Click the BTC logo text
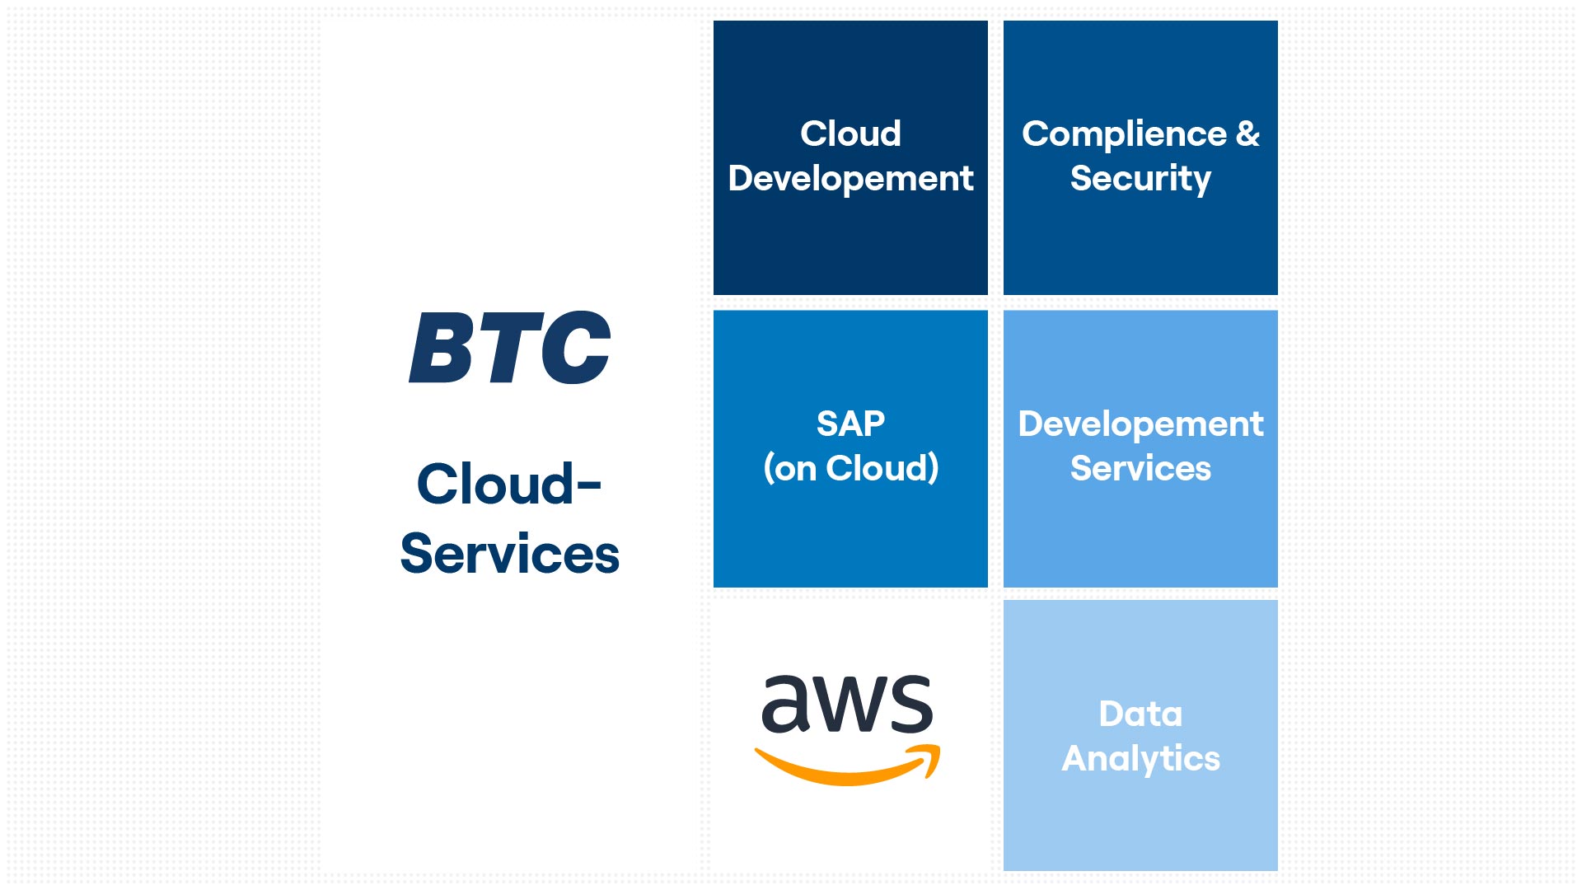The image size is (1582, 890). pyautogui.click(x=510, y=348)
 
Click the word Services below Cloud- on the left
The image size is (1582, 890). pyautogui.click(x=509, y=554)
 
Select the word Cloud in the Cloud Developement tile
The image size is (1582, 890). pyautogui.click(x=850, y=133)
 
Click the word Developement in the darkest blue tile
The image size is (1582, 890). pyautogui.click(x=850, y=179)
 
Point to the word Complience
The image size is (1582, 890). pyautogui.click(x=1124, y=133)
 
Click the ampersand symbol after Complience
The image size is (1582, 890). pyautogui.click(x=1247, y=133)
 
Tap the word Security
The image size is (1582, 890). pyautogui.click(x=1140, y=179)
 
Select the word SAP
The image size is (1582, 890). pyautogui.click(x=850, y=424)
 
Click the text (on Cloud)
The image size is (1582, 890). pyautogui.click(x=850, y=468)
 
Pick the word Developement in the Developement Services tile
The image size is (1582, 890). pyautogui.click(x=1140, y=424)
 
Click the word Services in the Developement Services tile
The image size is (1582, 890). pyautogui.click(x=1140, y=468)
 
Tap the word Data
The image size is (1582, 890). pyautogui.click(x=1140, y=714)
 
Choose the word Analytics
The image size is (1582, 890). pyautogui.click(x=1140, y=758)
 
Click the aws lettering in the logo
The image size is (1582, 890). pyautogui.click(x=847, y=705)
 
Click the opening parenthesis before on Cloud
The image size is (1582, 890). pyautogui.click(x=768, y=468)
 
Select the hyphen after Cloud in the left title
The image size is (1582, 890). pyautogui.click(x=589, y=485)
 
